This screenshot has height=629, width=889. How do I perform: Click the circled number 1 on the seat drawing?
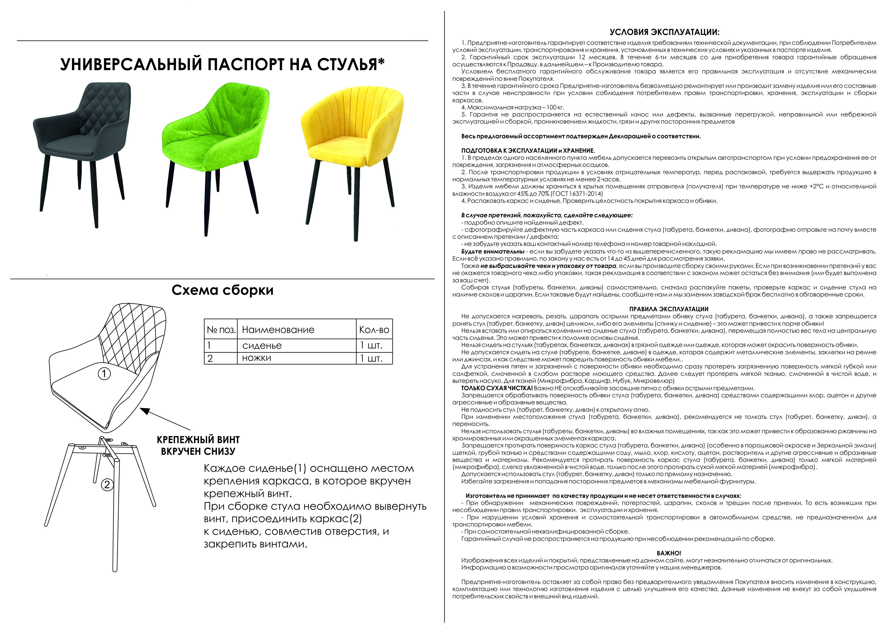[104, 374]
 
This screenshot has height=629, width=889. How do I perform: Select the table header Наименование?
[278, 330]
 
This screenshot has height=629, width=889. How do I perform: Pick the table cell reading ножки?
[257, 358]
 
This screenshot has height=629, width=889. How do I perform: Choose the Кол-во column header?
[374, 330]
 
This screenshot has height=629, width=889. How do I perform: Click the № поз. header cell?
[221, 330]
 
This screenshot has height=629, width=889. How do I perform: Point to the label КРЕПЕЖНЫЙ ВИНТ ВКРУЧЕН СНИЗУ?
[198, 445]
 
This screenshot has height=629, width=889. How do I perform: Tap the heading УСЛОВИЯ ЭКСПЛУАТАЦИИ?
[664, 32]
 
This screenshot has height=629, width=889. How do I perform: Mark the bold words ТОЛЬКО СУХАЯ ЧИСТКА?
[497, 388]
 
